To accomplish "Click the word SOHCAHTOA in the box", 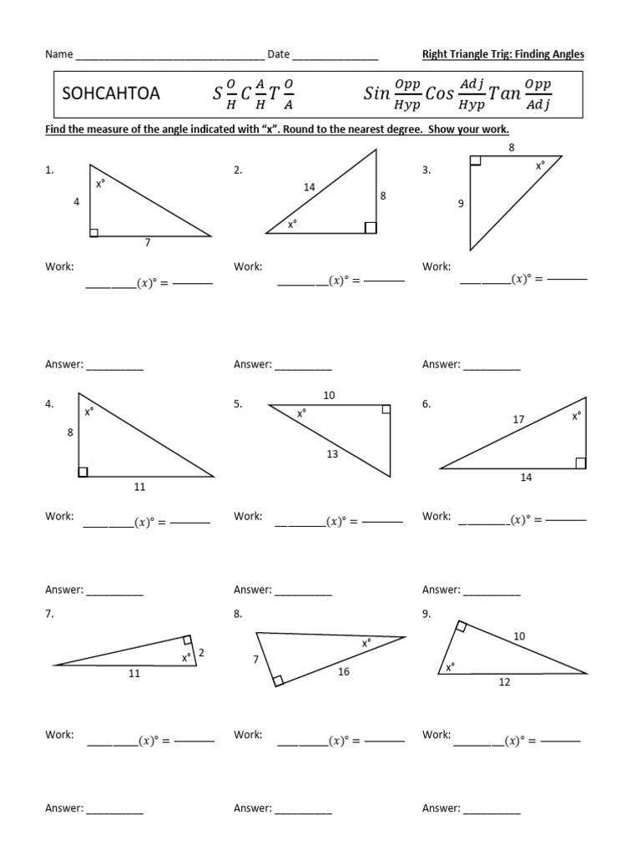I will (x=111, y=94).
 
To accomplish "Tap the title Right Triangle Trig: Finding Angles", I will (x=503, y=54).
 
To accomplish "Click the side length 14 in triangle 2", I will (x=310, y=188).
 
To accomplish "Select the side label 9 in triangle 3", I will (x=460, y=203).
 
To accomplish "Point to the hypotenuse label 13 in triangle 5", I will (x=332, y=454).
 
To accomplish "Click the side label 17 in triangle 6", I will (x=518, y=420).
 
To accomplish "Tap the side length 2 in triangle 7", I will (x=201, y=652).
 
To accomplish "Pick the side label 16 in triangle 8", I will (x=344, y=671).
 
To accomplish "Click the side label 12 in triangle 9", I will (x=504, y=682).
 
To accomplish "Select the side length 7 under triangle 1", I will (x=148, y=243).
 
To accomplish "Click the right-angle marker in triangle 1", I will (x=94, y=232).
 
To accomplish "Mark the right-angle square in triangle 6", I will (x=580, y=463).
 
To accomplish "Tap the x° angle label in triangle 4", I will (x=88, y=411).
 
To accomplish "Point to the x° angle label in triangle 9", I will (x=451, y=667).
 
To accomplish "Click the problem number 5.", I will (x=238, y=404).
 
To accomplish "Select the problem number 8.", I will (x=238, y=614).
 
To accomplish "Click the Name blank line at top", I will (x=169, y=57).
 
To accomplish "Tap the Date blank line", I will (x=336, y=57).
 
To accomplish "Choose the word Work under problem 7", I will (x=59, y=735).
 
